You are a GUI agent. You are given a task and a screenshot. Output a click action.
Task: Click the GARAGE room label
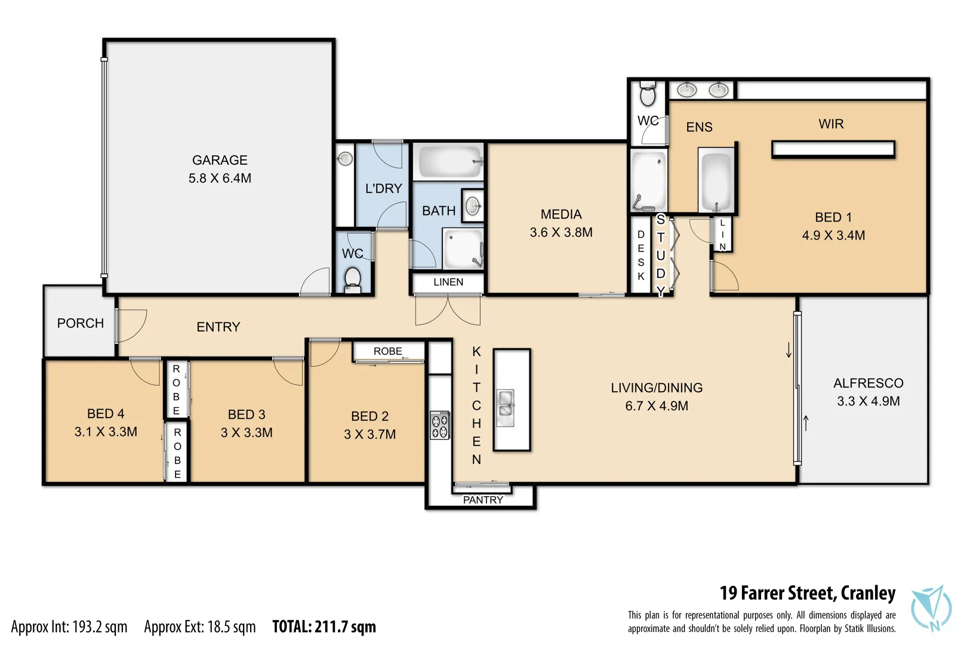tap(220, 160)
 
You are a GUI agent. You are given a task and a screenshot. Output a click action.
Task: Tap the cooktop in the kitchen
tap(441, 425)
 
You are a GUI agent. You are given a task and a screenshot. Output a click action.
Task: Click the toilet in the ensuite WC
tap(648, 94)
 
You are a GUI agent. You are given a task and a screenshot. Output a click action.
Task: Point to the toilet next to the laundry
tap(353, 279)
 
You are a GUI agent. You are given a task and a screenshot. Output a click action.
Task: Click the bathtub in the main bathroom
tap(448, 161)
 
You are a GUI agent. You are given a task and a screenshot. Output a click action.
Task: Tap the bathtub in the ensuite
tap(716, 180)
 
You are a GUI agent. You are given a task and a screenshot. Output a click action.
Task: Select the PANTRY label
tap(483, 500)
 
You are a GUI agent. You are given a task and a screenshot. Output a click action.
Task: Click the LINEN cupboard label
tap(448, 282)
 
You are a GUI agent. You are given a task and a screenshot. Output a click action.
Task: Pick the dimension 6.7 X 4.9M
tap(657, 406)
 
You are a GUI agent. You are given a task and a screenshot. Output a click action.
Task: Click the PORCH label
tap(81, 323)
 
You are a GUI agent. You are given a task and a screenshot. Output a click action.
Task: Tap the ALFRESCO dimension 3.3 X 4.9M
tap(868, 401)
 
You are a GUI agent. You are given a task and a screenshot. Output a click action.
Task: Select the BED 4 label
tap(106, 414)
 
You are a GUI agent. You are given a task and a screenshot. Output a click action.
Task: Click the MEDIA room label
tap(561, 214)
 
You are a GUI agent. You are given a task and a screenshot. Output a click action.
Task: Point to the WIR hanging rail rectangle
tap(833, 149)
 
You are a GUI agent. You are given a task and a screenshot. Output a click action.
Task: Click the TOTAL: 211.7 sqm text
tap(324, 626)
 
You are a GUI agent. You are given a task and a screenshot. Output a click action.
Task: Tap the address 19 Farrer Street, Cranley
tap(807, 593)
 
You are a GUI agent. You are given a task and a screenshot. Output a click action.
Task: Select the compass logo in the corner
tap(931, 608)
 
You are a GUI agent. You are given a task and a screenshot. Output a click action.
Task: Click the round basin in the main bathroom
tap(473, 206)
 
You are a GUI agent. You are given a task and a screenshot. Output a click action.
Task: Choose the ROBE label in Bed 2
tap(388, 351)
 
